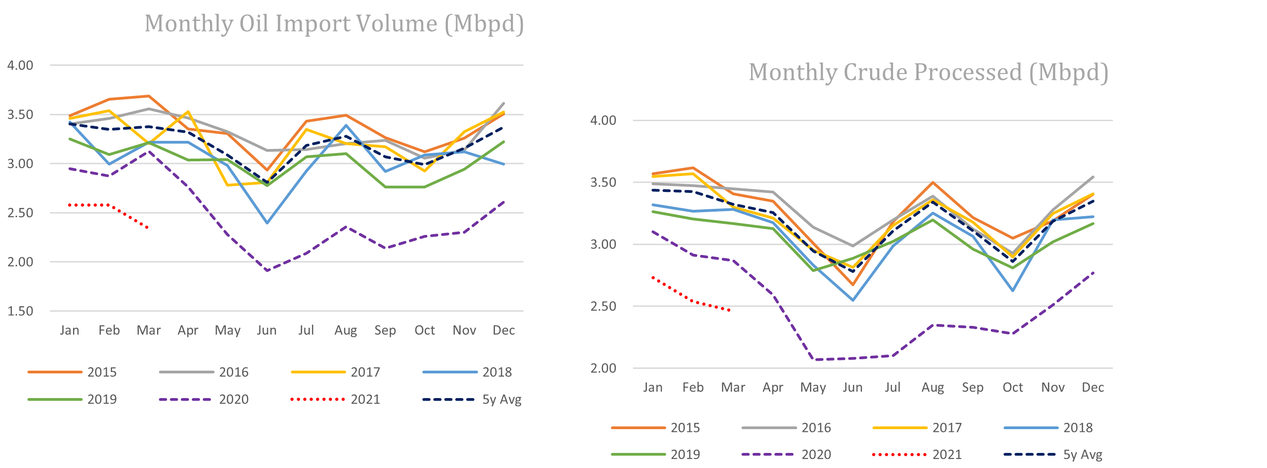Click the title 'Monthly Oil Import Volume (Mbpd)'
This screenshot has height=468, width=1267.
(334, 24)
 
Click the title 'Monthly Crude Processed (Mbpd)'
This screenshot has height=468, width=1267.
(928, 72)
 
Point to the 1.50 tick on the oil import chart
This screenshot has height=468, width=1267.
(20, 311)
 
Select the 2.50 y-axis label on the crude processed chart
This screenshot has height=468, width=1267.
(603, 306)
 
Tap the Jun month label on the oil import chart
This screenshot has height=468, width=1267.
(267, 330)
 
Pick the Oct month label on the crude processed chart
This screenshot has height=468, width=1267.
(1013, 387)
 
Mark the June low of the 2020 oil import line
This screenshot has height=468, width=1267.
(267, 271)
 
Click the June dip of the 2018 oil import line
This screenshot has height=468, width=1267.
(267, 223)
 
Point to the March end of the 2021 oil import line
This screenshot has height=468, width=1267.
(148, 227)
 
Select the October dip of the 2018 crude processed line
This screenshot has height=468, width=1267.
(1013, 290)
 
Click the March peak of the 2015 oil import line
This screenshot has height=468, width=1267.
(148, 96)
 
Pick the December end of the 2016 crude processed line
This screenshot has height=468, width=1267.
(1093, 177)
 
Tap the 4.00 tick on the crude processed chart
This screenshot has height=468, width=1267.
(603, 121)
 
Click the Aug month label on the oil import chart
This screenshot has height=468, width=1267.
(345, 330)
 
